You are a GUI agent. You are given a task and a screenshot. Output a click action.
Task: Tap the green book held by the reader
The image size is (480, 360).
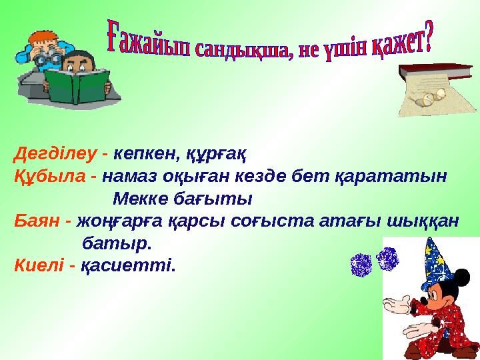pyautogui.click(x=77, y=86)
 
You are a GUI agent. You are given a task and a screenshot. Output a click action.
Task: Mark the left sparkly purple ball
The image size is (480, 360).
pyautogui.click(x=361, y=265)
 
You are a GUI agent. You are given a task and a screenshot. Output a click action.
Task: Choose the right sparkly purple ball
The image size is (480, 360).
pyautogui.click(x=387, y=258)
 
